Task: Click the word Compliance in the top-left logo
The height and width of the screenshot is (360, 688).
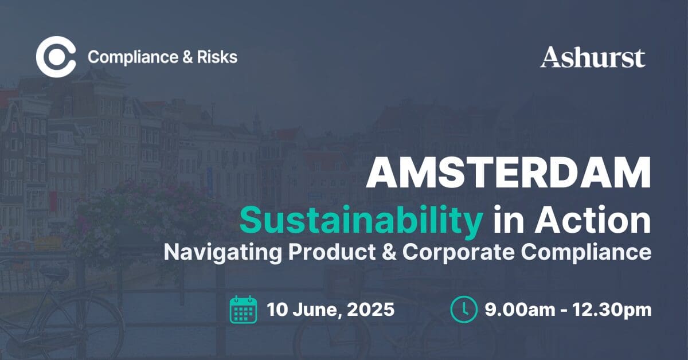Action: tap(133, 57)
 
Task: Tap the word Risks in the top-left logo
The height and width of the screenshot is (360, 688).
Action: tap(217, 57)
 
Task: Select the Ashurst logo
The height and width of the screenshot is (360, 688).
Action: tap(592, 57)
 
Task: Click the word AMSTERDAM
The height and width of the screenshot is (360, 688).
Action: tap(509, 173)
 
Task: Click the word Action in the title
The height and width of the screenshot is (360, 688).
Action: tap(593, 220)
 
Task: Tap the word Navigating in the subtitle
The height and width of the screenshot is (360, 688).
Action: tap(222, 252)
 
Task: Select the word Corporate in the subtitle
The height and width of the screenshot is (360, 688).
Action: tap(458, 252)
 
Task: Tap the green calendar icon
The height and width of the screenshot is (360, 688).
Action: tap(243, 310)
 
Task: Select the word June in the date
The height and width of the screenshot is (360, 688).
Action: tap(316, 310)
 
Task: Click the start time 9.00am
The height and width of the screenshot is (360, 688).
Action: tap(520, 310)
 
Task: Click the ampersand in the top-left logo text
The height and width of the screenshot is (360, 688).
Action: tap(187, 57)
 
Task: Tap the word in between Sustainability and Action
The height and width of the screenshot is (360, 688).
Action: tap(509, 220)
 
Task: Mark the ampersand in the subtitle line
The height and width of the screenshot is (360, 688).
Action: tap(389, 252)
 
